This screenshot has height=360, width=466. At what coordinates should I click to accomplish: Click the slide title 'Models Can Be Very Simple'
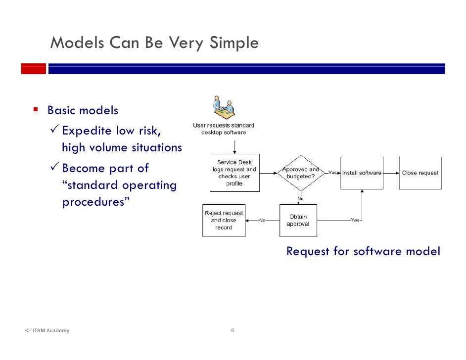pos(154,43)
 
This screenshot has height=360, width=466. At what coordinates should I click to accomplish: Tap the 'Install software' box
pos(362,173)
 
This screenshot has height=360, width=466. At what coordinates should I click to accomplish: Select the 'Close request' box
pos(420,173)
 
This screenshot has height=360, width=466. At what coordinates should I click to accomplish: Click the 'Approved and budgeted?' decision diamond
pos(301,173)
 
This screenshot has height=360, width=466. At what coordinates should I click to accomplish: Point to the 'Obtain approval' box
pos(298,221)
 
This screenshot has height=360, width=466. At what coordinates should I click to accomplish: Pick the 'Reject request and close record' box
pos(224,221)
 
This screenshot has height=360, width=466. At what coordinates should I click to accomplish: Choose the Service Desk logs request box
pos(234,173)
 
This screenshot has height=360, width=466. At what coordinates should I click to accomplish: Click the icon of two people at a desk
pos(224,106)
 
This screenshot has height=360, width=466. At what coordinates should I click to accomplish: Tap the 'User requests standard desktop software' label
pos(224,129)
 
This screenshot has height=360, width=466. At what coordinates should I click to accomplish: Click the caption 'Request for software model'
pos(363,251)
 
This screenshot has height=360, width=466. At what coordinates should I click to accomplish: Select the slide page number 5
pos(233,331)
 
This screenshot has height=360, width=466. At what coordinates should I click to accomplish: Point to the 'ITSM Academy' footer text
pos(51,331)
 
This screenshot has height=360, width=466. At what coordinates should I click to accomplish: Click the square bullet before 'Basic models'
pos(36,109)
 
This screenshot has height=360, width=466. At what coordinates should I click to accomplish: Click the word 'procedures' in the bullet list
pos(92,203)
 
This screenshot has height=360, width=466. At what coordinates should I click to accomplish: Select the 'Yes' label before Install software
pos(332,173)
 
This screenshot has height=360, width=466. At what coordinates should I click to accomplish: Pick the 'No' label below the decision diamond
pos(300,199)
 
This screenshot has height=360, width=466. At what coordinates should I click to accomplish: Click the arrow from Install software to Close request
pos(391,173)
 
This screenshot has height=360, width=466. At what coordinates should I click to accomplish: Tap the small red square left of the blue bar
pos(33,69)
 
